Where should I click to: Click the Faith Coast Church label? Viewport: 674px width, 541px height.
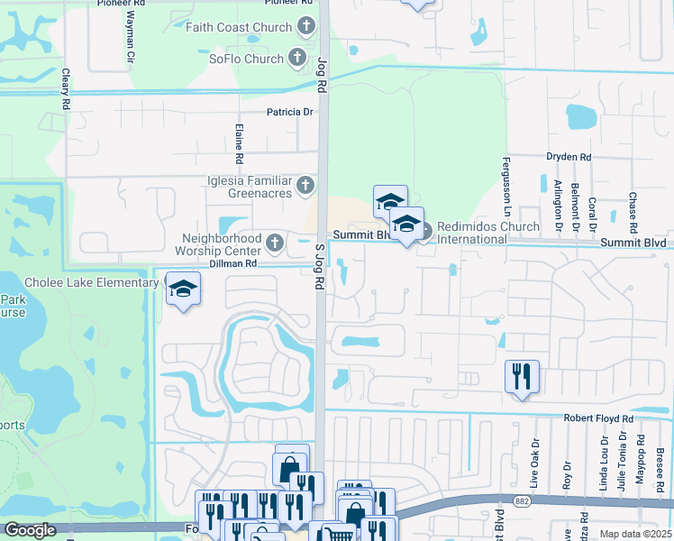(239, 27)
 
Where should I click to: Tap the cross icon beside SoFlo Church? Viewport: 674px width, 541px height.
(297, 60)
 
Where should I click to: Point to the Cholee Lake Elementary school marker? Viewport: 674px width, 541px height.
(183, 289)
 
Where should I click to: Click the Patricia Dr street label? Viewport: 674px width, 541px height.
(289, 113)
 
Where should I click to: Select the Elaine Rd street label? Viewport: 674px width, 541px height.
(239, 143)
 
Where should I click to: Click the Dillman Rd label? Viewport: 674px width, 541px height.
(234, 263)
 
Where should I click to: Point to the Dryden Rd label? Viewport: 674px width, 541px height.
(569, 157)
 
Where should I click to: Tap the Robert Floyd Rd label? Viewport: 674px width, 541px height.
(598, 419)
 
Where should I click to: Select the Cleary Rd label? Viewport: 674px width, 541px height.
(66, 92)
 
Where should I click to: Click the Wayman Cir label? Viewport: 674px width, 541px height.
(130, 37)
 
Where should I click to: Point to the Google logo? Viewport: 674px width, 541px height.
(30, 530)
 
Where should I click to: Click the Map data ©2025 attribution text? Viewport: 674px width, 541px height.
(635, 534)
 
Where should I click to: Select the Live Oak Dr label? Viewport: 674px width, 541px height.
(534, 464)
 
